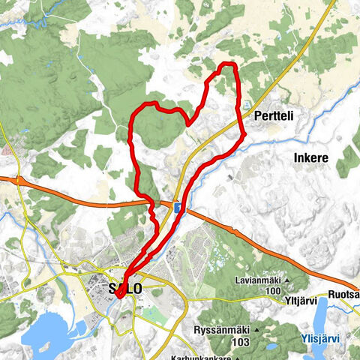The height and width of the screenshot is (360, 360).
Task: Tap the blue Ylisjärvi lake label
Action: coord(319,338)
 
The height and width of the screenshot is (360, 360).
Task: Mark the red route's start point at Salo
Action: coord(119,295)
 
